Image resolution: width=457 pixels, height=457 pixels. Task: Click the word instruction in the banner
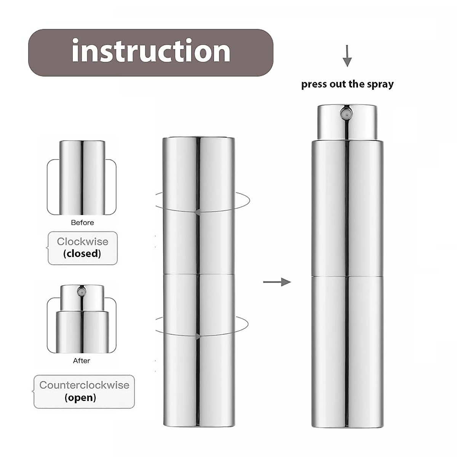[x=151, y=51]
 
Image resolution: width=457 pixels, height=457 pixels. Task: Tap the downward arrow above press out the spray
[x=347, y=56]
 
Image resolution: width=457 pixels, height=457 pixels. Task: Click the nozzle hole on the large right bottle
[x=347, y=112]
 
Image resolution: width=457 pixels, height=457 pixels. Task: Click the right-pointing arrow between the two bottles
[x=277, y=282]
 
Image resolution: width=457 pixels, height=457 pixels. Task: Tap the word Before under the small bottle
[x=82, y=223]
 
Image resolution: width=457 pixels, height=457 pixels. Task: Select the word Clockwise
[x=83, y=241]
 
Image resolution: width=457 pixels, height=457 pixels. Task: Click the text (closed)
[x=82, y=254]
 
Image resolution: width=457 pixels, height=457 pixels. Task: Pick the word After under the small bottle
[x=81, y=361]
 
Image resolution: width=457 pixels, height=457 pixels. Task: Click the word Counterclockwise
[x=84, y=385]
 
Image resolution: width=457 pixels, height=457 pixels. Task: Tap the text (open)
[x=80, y=398]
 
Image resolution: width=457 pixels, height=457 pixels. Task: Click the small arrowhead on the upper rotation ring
[x=197, y=212]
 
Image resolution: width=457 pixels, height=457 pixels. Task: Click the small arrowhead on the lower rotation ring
[x=197, y=336]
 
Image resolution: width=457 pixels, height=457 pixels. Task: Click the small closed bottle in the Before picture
[x=82, y=177]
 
